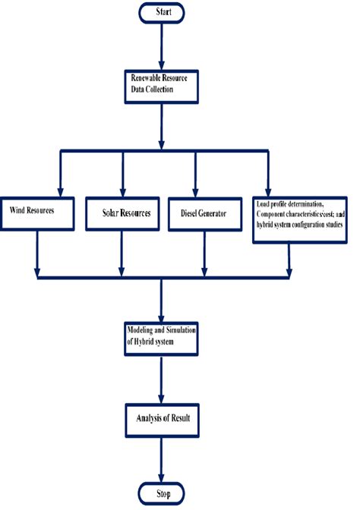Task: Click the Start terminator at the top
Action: click(162, 12)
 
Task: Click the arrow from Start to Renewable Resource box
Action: click(162, 47)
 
